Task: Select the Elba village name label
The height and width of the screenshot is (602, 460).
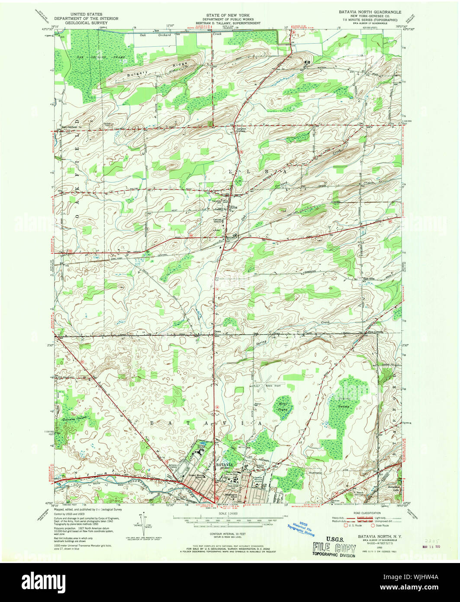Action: click(x=233, y=207)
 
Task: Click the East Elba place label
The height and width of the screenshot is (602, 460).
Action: click(x=369, y=278)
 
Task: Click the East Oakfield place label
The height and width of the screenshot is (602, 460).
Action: click(x=69, y=126)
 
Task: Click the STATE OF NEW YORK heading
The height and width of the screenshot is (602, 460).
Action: click(x=230, y=15)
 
